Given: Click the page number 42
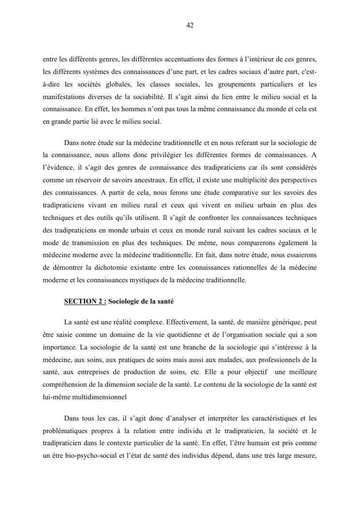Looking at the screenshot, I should click(189, 25).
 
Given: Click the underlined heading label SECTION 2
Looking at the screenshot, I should click(85, 302).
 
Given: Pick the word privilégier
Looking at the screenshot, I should click(174, 155).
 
